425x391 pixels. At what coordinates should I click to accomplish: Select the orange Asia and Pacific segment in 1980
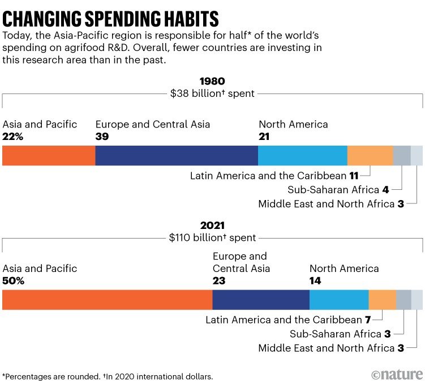(49, 155)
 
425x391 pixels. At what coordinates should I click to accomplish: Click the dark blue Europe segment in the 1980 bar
(177, 155)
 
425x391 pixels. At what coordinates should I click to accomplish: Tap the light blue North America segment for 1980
(303, 155)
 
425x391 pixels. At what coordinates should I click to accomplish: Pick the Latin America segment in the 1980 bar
(370, 155)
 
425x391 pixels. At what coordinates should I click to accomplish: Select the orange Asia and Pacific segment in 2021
(108, 299)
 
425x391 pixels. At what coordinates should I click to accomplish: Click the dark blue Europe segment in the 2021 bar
(261, 299)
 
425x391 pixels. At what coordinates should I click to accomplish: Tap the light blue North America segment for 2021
(339, 299)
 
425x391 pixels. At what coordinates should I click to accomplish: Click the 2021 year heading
(212, 226)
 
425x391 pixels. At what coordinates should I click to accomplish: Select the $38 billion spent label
(212, 94)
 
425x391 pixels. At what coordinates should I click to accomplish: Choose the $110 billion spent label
(212, 238)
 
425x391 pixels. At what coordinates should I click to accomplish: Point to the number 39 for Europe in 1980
(102, 137)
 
